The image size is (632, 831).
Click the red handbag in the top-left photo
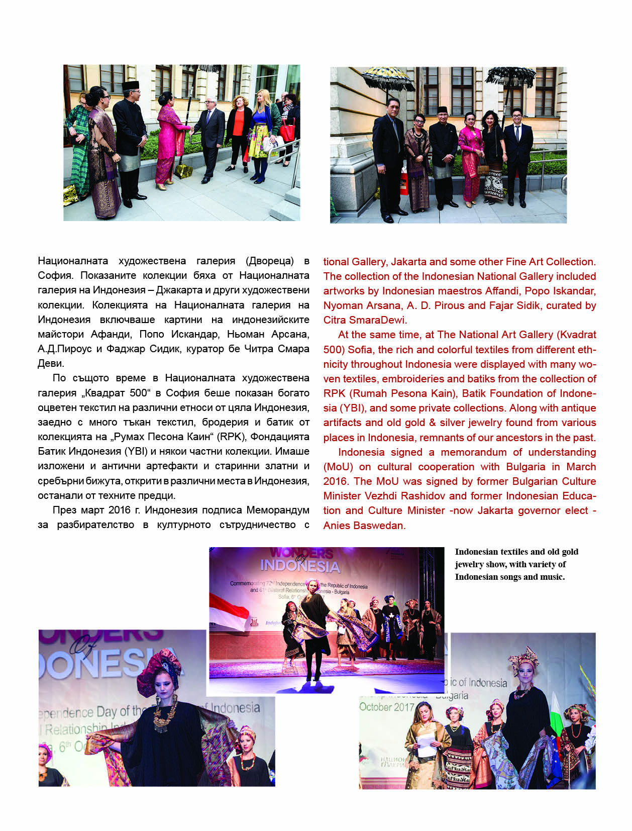pyautogui.click(x=287, y=130)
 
